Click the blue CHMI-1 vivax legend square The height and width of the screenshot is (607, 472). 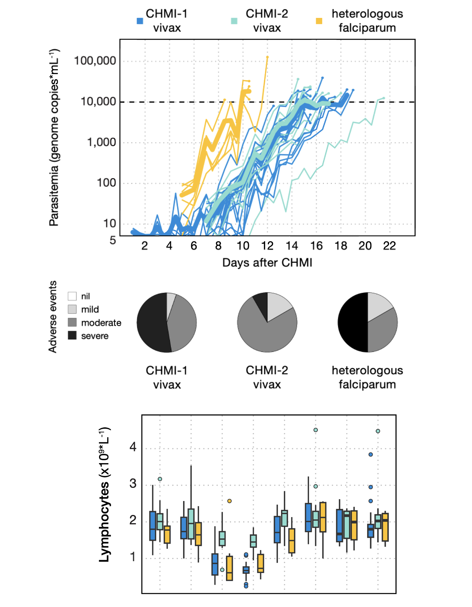coord(140,21)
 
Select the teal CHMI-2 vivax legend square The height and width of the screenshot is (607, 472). coord(234,21)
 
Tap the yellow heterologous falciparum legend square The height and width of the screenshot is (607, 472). coord(319,21)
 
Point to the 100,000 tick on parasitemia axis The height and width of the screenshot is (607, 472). coord(95,60)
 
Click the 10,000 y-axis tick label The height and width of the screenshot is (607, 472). coord(98,101)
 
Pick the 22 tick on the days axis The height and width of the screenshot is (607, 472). coord(389,246)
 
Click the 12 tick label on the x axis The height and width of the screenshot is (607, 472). coord(267,246)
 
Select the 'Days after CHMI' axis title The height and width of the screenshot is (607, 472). coord(267,262)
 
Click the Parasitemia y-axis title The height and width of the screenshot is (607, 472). coord(54,137)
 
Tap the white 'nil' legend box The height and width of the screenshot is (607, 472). coord(72,296)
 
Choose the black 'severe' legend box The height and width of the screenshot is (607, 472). coord(72,335)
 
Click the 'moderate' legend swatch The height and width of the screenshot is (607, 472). coord(72,322)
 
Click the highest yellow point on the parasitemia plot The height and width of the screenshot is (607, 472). coord(267,57)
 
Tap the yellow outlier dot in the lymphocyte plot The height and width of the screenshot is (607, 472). coord(230,501)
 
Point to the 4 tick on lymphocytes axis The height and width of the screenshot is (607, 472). coord(133,447)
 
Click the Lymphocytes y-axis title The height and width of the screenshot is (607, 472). coord(104,494)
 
